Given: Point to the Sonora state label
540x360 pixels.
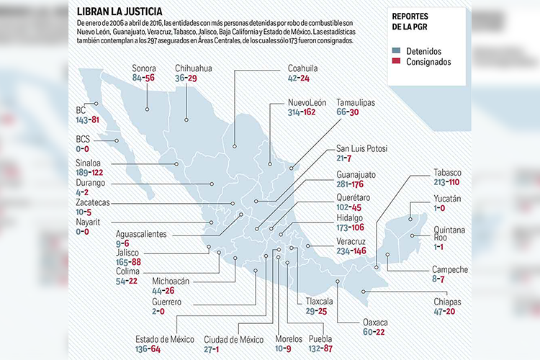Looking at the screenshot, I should coord(144,68).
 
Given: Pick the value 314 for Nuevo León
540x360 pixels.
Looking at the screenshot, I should coord(296,113).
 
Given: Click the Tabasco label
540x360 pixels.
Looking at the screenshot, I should coord(447,173).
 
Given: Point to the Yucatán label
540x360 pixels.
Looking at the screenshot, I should coord(447,198).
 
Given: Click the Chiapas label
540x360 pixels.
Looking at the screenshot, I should coord(447,302).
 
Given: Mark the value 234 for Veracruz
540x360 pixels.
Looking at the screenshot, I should coord(345,251).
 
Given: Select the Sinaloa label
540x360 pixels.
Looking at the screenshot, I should coord(91,163).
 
